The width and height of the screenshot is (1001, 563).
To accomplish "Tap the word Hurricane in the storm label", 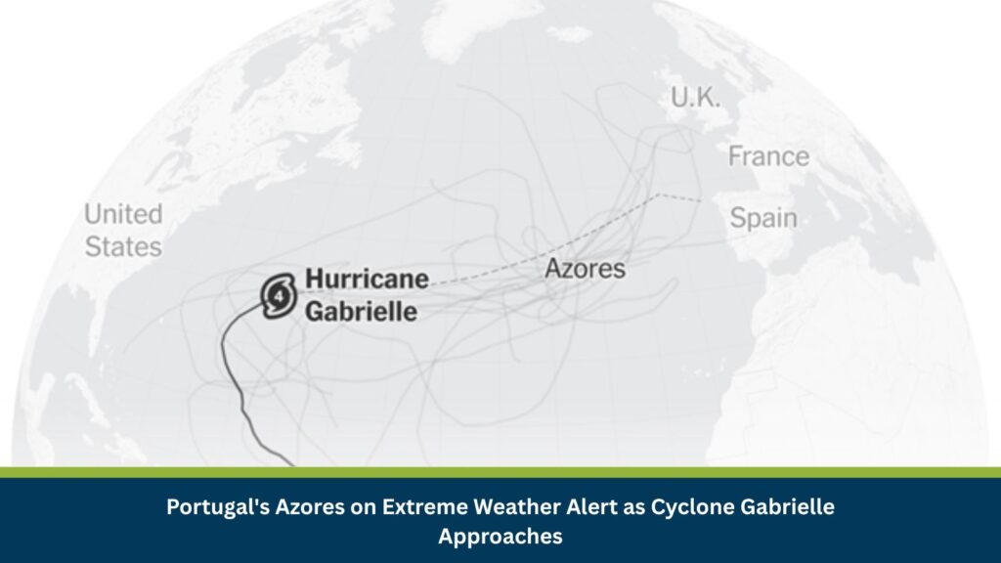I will click(x=367, y=280).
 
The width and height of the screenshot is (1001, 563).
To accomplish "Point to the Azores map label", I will click(x=585, y=269).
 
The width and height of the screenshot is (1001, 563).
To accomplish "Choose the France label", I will click(x=768, y=156).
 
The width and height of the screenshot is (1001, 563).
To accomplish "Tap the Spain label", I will click(x=763, y=218).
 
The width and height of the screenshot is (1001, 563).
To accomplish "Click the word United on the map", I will click(x=123, y=214).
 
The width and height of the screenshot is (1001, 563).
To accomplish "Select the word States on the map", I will click(x=123, y=246).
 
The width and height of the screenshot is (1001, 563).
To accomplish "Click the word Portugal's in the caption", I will click(x=215, y=507).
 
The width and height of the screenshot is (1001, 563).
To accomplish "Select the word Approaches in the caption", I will click(x=500, y=536).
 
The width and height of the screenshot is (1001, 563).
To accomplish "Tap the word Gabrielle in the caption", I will click(x=786, y=507).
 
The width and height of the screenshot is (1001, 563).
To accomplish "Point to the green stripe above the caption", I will click(x=500, y=472).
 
